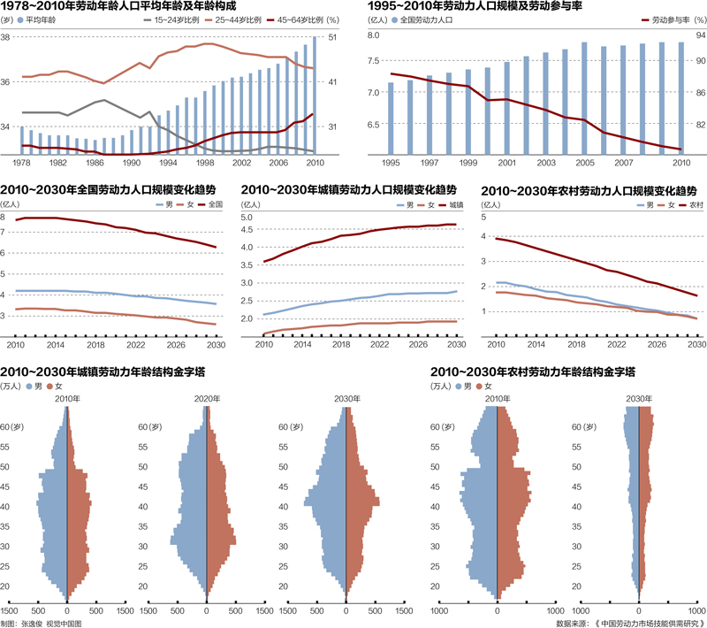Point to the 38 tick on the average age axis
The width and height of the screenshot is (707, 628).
[5, 38]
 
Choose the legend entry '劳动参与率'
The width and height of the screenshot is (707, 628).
[665, 19]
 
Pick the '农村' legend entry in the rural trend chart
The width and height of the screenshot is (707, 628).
[693, 205]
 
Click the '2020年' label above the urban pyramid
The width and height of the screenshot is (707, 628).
[206, 399]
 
